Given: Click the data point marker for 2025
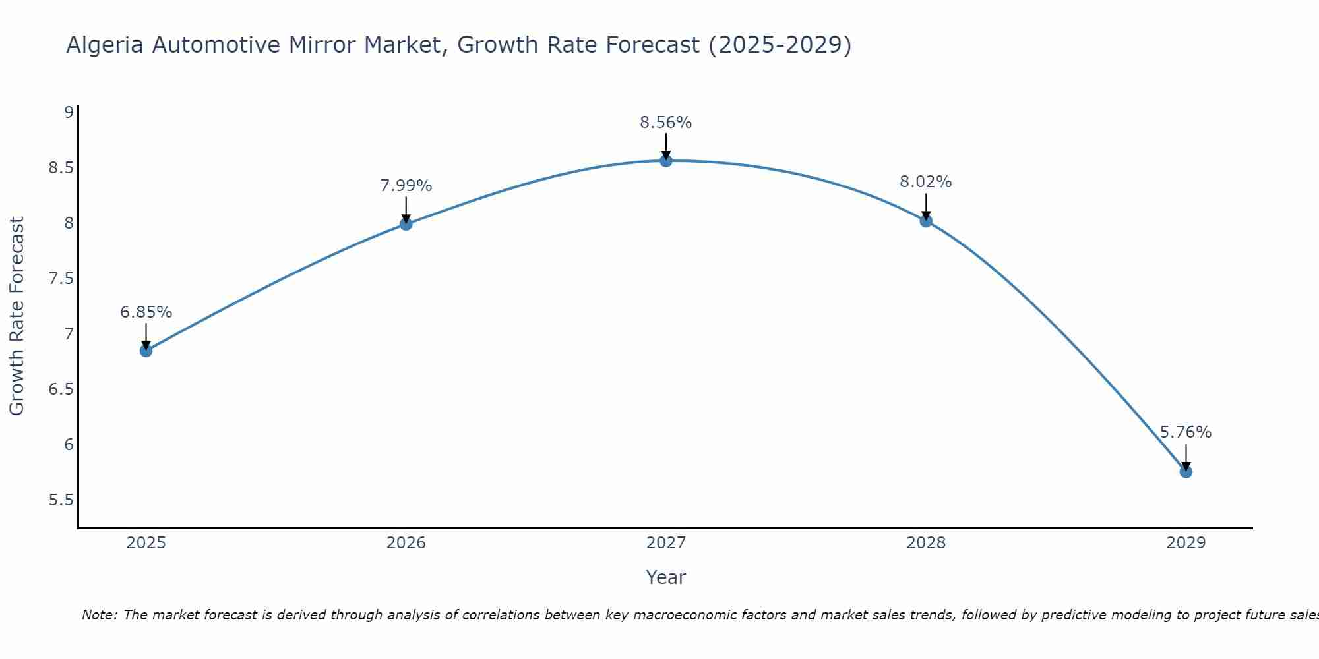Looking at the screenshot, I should click(146, 351).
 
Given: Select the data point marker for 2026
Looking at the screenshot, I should click(406, 224).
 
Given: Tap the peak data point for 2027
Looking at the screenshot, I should click(666, 161).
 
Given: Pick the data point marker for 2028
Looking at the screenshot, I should click(926, 221).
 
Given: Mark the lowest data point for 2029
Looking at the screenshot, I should click(1186, 472).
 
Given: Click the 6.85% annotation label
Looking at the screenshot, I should click(146, 312).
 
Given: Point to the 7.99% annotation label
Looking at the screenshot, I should click(406, 186).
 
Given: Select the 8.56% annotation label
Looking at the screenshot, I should click(666, 123).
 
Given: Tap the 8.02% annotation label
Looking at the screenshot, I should click(926, 182).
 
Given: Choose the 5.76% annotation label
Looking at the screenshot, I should click(1186, 432).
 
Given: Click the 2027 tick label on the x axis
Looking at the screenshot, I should click(666, 543).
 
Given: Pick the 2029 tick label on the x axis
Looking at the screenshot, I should click(1186, 543).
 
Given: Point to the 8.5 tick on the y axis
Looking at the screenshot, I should click(61, 167).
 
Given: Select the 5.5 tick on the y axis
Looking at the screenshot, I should click(61, 500).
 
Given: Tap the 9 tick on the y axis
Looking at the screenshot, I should click(69, 112).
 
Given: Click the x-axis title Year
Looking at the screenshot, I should click(666, 577).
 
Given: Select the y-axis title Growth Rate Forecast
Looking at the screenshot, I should click(17, 316).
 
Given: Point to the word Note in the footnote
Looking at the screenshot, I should click(99, 615).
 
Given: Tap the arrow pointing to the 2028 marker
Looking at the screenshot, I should click(926, 206).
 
